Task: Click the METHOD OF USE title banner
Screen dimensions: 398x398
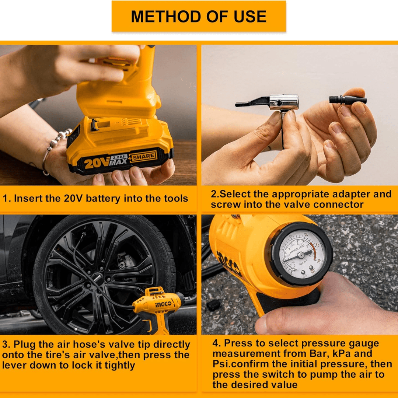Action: (199, 17)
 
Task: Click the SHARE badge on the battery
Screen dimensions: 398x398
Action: (143, 156)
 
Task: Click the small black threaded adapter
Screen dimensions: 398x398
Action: (347, 99)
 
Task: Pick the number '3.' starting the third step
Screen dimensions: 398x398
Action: (6, 345)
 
